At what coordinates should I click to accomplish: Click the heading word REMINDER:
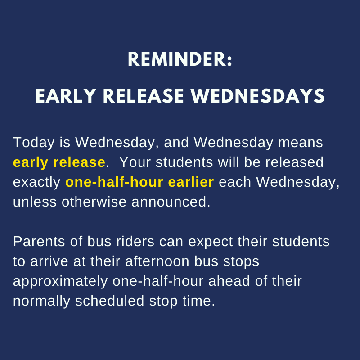[x=180, y=59]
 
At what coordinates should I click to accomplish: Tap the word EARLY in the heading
[x=66, y=96]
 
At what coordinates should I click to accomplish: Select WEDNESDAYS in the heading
[x=257, y=96]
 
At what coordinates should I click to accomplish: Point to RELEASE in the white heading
[x=144, y=96]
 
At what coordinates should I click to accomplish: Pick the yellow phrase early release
[x=59, y=162]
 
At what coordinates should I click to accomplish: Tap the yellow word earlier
[x=191, y=182]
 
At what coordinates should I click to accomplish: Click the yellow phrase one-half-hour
[x=114, y=182]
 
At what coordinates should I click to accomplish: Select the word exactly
[x=37, y=183]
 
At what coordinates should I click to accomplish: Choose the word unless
[x=35, y=202]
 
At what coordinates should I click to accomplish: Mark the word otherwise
[x=94, y=202]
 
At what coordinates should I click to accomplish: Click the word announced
[x=171, y=202]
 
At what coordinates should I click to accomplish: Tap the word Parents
[x=39, y=242]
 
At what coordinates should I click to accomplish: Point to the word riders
[x=135, y=242]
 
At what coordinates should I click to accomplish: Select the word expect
[x=211, y=242]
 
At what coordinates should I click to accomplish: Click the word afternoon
[x=157, y=261]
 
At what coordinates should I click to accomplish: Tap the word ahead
[x=229, y=281]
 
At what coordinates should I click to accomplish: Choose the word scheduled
[x=110, y=301]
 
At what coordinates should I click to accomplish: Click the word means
[x=301, y=143]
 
